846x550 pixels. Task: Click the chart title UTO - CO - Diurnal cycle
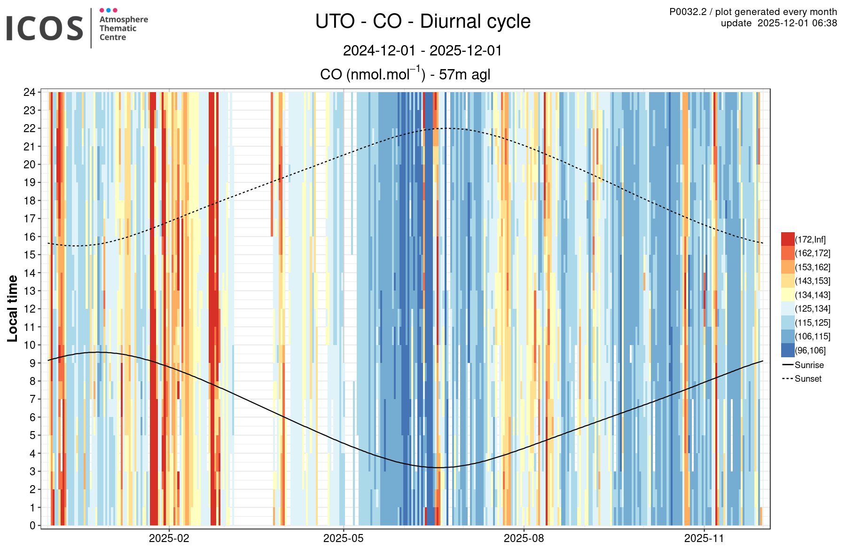point(423,22)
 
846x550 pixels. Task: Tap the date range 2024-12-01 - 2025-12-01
point(423,50)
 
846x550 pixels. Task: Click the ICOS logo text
point(45,28)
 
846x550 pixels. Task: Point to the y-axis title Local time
point(13,308)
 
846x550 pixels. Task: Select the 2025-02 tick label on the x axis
point(169,538)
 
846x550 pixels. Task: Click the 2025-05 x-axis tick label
point(343,538)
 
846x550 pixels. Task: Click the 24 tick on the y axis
point(30,92)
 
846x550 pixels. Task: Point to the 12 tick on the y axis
point(30,309)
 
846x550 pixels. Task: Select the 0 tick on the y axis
point(32,526)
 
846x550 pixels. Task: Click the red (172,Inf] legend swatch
point(788,239)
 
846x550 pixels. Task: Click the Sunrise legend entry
point(809,365)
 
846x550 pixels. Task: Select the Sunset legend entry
point(808,378)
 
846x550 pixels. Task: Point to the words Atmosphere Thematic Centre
point(123,28)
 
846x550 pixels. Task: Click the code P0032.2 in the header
point(688,12)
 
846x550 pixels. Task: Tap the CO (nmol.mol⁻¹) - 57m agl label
point(405,74)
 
